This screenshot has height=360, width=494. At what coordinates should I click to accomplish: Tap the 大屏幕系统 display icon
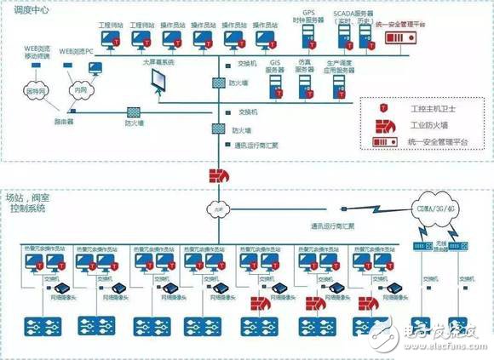[159, 81]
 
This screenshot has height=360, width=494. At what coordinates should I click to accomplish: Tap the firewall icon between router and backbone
[135, 112]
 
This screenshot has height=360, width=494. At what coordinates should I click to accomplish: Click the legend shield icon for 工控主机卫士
[385, 109]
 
